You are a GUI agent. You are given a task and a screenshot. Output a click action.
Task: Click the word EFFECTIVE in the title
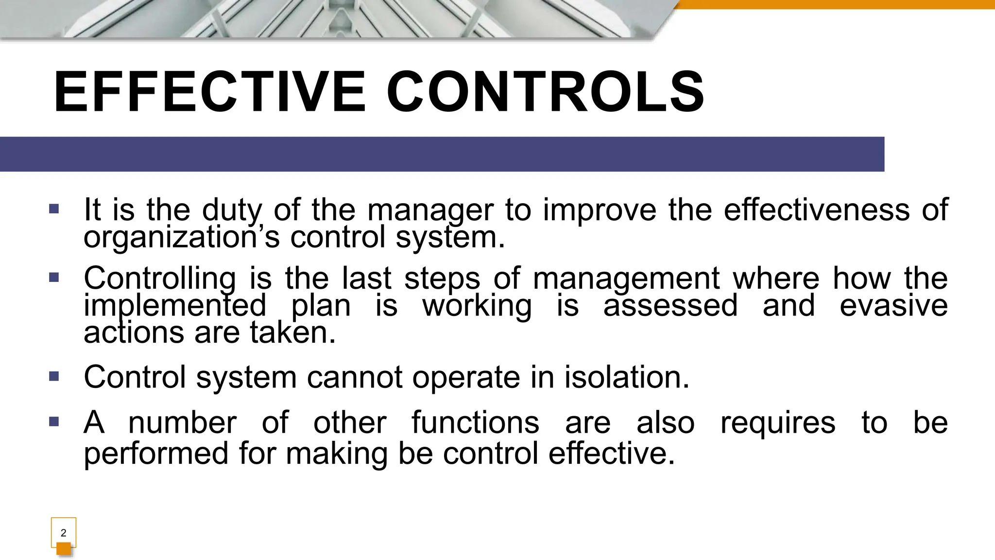pyautogui.click(x=209, y=92)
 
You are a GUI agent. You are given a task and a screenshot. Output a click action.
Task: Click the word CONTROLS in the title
pyautogui.click(x=545, y=92)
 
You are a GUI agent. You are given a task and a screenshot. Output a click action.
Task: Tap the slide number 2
pyautogui.click(x=64, y=533)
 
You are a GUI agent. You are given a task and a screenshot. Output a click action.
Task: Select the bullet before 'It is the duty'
pyautogui.click(x=54, y=209)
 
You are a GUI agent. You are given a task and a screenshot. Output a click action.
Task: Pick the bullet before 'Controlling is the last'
pyautogui.click(x=54, y=278)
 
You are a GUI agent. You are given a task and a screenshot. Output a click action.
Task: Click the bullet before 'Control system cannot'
pyautogui.click(x=54, y=376)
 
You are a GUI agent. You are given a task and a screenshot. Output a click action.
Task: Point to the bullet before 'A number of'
pyautogui.click(x=54, y=421)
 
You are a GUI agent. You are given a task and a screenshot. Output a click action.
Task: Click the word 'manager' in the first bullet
pyautogui.click(x=430, y=210)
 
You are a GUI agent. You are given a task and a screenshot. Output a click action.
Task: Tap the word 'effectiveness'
pyautogui.click(x=816, y=210)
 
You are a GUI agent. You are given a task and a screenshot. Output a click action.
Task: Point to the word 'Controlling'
pyautogui.click(x=160, y=279)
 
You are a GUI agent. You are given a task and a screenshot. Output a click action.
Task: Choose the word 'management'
pyautogui.click(x=626, y=279)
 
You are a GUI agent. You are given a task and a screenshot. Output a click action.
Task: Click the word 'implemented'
pyautogui.click(x=175, y=306)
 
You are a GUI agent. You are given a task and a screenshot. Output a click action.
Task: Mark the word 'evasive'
pyautogui.click(x=893, y=306)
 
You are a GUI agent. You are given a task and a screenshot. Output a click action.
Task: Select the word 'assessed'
pyautogui.click(x=670, y=306)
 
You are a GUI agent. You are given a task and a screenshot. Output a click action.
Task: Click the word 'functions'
pyautogui.click(x=475, y=422)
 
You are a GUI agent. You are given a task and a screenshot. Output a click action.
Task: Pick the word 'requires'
pyautogui.click(x=777, y=422)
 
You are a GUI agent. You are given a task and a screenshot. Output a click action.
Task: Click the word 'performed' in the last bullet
pyautogui.click(x=156, y=453)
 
